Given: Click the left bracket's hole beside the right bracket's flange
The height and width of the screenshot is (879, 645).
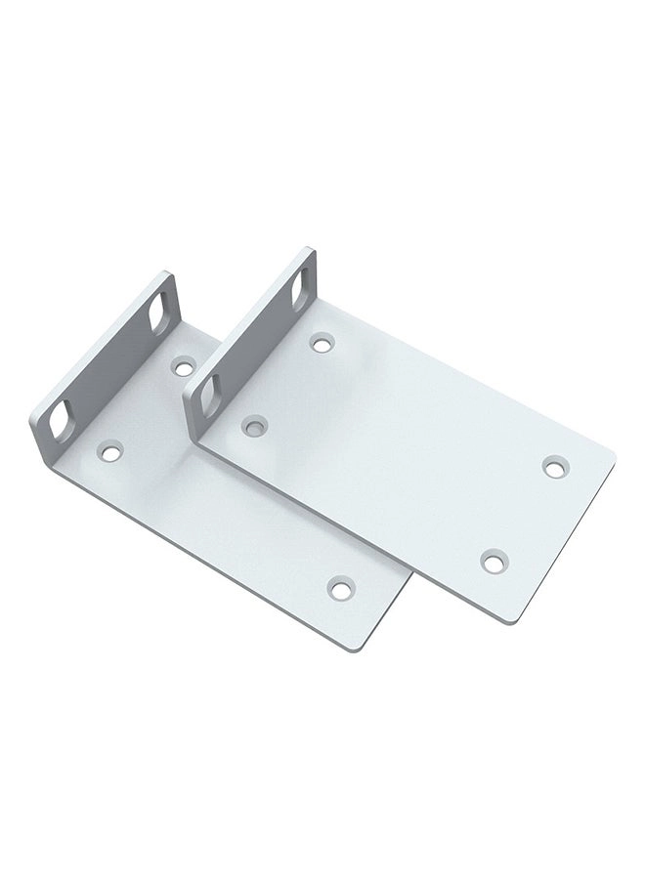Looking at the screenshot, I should click(182, 367).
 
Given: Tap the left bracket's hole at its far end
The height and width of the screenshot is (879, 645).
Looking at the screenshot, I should click(340, 588).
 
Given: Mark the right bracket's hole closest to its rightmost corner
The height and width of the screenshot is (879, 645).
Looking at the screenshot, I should click(555, 467).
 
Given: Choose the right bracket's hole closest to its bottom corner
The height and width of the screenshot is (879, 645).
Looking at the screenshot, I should click(492, 560).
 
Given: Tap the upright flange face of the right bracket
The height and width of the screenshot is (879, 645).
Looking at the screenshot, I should click(252, 337).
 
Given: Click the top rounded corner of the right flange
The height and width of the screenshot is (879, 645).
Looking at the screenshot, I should click(309, 252).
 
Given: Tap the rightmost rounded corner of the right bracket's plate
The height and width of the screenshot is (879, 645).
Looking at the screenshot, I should click(611, 457).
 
